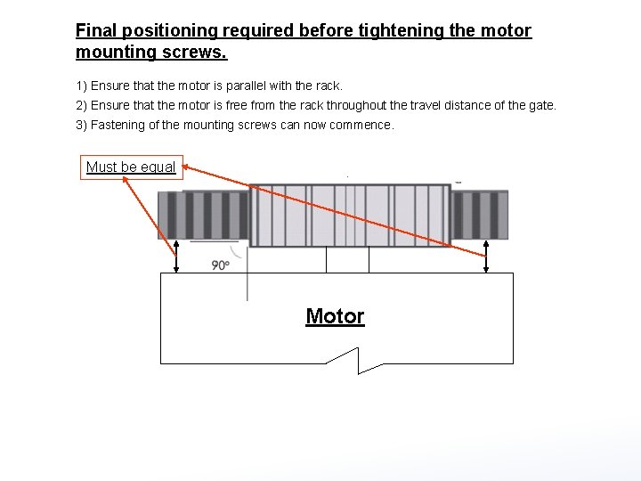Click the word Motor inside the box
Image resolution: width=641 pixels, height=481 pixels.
click(x=335, y=316)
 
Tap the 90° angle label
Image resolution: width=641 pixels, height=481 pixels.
click(x=221, y=265)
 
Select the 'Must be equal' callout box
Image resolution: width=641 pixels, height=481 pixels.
click(x=131, y=167)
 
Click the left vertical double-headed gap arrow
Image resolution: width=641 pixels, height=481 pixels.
click(x=176, y=257)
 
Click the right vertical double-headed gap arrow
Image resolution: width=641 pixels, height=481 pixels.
click(x=485, y=257)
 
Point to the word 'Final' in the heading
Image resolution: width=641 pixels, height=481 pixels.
click(x=95, y=31)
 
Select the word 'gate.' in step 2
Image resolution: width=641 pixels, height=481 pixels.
click(x=540, y=105)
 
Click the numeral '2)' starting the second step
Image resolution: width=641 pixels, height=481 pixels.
click(x=81, y=105)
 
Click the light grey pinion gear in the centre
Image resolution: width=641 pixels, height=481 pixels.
click(x=349, y=215)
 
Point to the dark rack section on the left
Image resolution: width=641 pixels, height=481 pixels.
click(x=203, y=215)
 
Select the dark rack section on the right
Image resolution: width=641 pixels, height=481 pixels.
click(x=480, y=215)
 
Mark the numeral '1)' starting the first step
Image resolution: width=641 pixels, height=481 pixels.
click(x=81, y=86)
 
